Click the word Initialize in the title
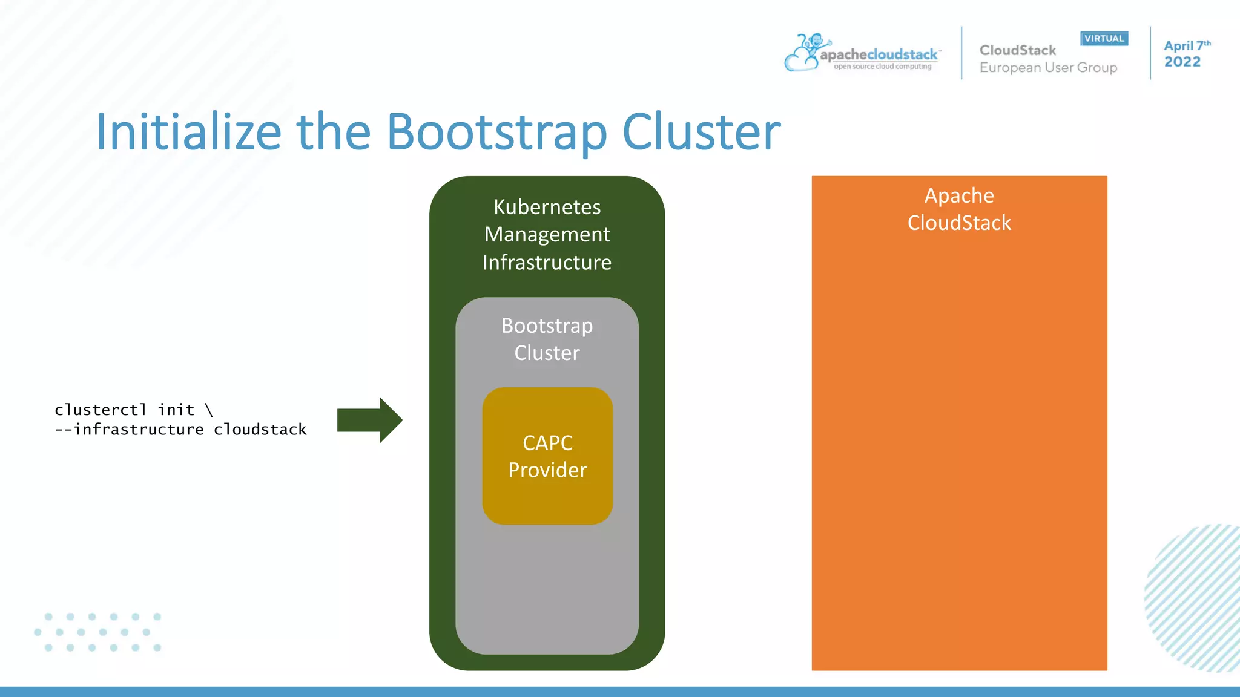click(189, 132)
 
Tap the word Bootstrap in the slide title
click(496, 132)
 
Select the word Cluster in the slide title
click(701, 132)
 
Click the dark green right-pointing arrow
click(369, 420)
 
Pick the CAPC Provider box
click(547, 456)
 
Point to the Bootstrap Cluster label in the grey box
click(547, 339)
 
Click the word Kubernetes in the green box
click(547, 207)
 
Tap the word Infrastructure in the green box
click(547, 263)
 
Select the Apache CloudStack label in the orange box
click(959, 209)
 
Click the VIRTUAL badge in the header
click(1104, 39)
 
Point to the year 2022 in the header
click(1182, 62)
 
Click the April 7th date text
click(1186, 46)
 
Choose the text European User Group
click(1048, 68)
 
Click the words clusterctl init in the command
click(124, 410)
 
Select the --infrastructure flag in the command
click(129, 430)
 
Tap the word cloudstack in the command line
click(260, 430)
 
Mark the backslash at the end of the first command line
click(209, 410)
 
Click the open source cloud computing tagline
click(882, 67)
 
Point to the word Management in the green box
click(547, 235)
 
